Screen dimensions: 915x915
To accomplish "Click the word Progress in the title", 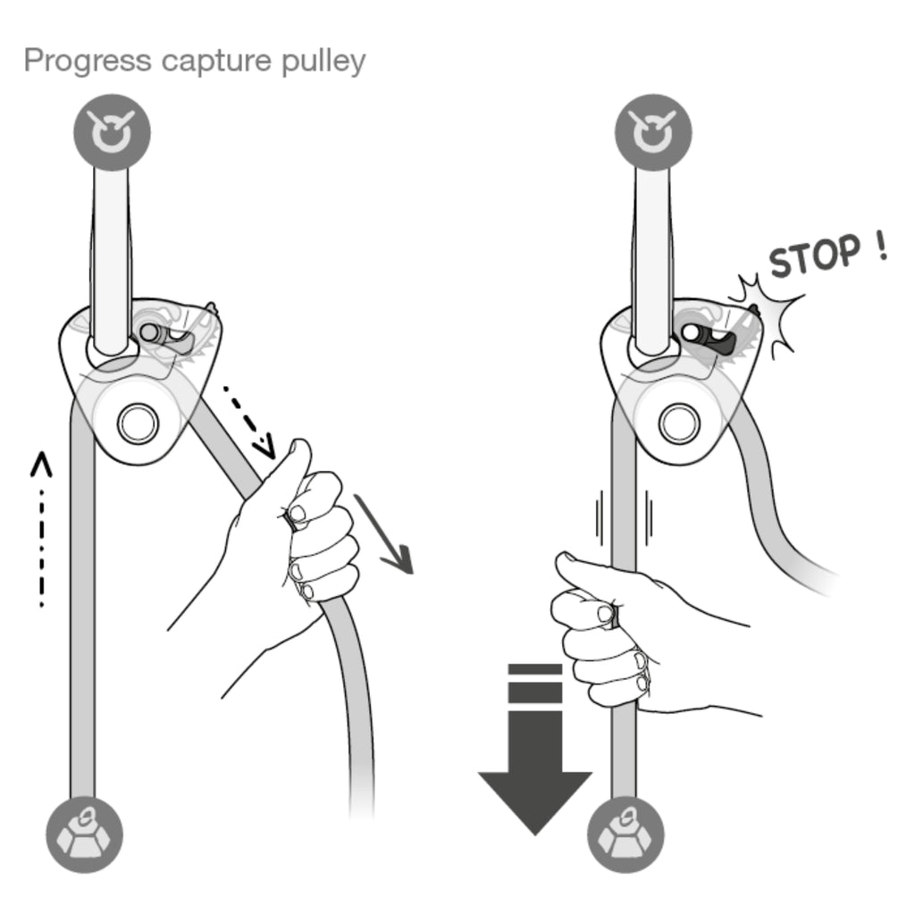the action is (x=88, y=61).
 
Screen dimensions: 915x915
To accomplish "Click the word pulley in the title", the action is (x=323, y=61).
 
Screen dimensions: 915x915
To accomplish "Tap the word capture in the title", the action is (x=216, y=61).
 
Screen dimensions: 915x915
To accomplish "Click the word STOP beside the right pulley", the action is (x=815, y=256).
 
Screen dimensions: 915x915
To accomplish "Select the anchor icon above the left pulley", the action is (x=112, y=132).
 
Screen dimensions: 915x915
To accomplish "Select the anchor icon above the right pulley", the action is (x=653, y=132).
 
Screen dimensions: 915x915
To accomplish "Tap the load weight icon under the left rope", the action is (x=85, y=835).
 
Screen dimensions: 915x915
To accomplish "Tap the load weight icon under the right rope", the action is (x=625, y=835).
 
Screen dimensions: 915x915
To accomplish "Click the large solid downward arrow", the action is (x=535, y=750).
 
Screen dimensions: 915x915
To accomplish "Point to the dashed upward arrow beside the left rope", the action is (x=41, y=529).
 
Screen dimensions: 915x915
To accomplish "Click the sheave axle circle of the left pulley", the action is (x=138, y=423).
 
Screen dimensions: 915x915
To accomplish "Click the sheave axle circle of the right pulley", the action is (x=679, y=423).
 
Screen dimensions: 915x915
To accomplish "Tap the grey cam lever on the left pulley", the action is (x=177, y=340).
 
